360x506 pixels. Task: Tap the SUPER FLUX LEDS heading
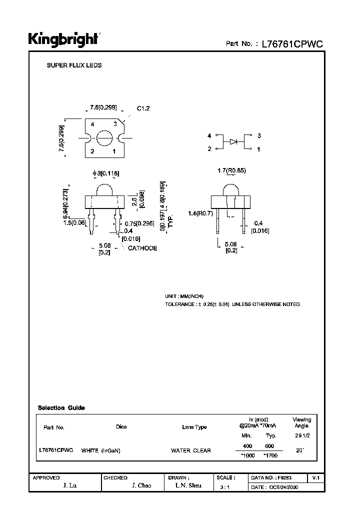click(74, 65)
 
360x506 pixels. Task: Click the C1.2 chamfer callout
click(143, 108)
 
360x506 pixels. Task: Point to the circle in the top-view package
click(104, 137)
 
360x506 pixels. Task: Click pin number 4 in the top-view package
click(92, 123)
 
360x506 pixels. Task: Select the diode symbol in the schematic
click(233, 142)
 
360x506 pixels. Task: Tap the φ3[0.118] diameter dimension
click(105, 173)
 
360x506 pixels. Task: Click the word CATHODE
click(142, 248)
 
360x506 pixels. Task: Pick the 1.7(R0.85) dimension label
click(232, 171)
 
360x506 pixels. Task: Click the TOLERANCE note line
click(232, 304)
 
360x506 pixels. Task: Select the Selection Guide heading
click(61, 407)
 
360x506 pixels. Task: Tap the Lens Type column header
click(194, 427)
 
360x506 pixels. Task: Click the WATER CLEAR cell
click(191, 450)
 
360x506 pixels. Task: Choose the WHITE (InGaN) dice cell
click(100, 450)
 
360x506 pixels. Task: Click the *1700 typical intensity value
click(270, 455)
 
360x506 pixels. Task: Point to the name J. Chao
click(141, 486)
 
